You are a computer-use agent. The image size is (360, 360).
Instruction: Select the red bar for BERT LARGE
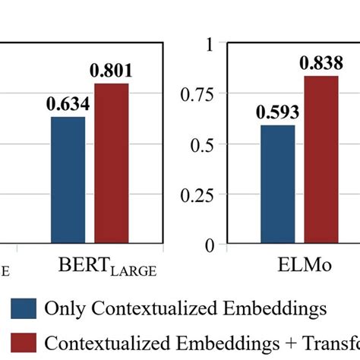[111, 164]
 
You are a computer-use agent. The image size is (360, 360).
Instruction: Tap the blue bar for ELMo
[278, 185]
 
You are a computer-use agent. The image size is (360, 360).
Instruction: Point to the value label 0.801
[111, 71]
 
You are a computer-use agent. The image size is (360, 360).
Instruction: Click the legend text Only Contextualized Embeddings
[186, 309]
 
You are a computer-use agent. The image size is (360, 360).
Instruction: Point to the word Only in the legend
[65, 308]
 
